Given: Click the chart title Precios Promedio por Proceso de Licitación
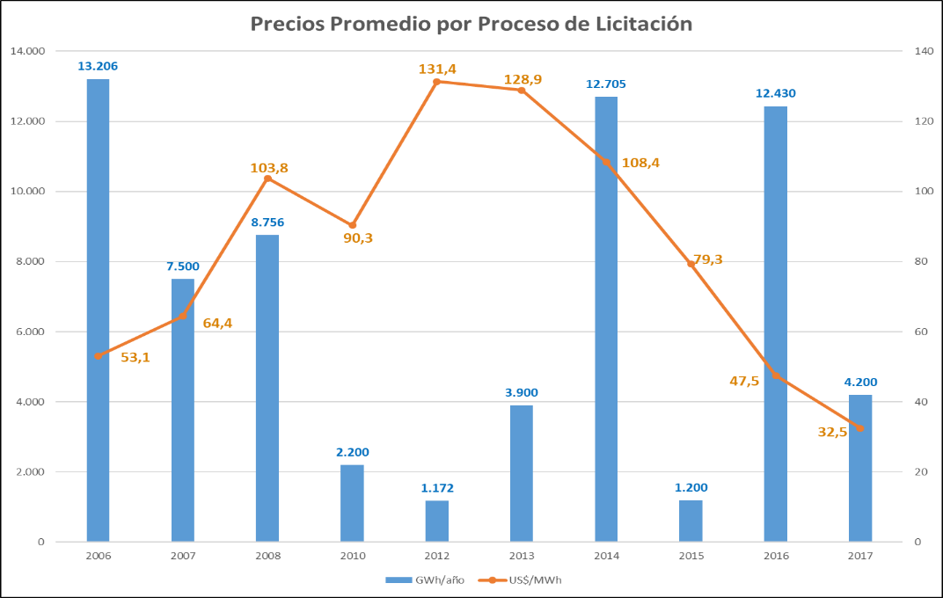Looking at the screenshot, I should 471,24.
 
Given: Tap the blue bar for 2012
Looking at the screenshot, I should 436,521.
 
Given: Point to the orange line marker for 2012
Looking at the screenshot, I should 436,82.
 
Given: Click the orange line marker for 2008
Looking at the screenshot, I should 267,179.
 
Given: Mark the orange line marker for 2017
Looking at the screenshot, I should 860,428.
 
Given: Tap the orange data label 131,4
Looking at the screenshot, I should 436,68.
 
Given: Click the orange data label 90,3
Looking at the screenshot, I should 357,238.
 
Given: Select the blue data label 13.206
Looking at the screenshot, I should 98,66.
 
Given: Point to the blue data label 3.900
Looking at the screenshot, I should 521,391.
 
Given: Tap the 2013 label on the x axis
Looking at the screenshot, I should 521,556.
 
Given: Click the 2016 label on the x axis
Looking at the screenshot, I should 775,556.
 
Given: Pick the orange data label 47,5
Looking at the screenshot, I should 744,381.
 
